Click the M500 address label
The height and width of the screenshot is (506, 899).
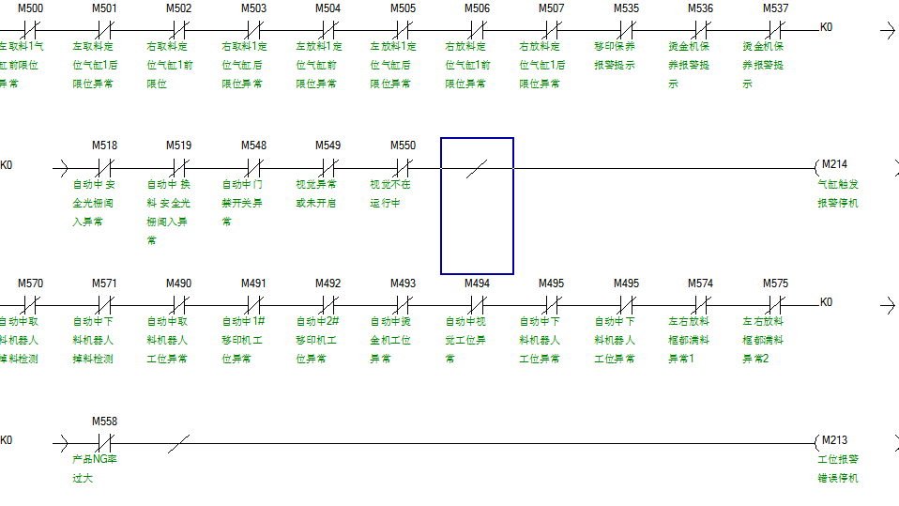pyautogui.click(x=30, y=8)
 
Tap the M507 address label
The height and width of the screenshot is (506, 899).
pyautogui.click(x=552, y=8)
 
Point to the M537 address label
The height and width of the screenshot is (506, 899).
pyautogui.click(x=775, y=8)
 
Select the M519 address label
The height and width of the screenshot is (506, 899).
pyautogui.click(x=179, y=146)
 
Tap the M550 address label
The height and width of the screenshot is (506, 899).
pyautogui.click(x=403, y=146)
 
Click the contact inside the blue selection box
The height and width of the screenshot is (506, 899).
pyautogui.click(x=477, y=168)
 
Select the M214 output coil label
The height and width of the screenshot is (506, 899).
pyautogui.click(x=834, y=164)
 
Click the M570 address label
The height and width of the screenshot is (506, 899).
pyautogui.click(x=30, y=284)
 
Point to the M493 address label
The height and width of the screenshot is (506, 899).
pyautogui.click(x=403, y=284)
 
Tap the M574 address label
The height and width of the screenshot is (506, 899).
pyautogui.click(x=700, y=284)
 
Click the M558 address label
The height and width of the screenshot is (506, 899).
pyautogui.click(x=104, y=422)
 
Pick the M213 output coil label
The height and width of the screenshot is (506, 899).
pyautogui.click(x=834, y=440)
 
